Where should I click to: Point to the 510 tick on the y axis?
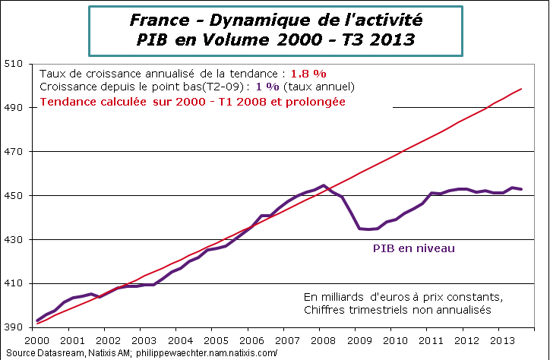click(x=15, y=64)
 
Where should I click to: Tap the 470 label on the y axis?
click(x=15, y=152)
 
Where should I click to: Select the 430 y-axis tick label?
click(x=15, y=240)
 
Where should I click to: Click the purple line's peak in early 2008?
click(x=324, y=185)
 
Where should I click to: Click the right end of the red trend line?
click(x=521, y=89)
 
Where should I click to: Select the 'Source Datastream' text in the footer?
click(x=46, y=352)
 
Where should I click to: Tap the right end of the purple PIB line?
click(x=521, y=189)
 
